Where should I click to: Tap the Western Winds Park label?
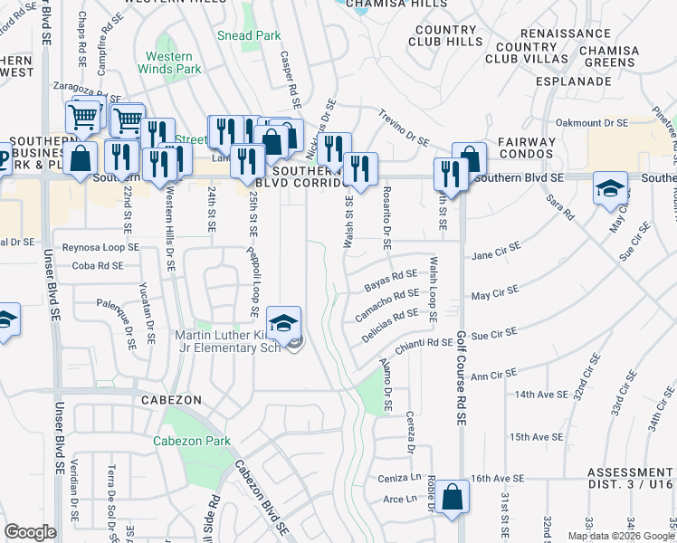(x=174, y=62)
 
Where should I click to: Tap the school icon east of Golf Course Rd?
(x=610, y=188)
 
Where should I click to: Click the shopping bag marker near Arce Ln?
(x=452, y=498)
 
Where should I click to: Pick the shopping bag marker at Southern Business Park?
(x=80, y=157)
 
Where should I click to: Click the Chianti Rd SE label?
(x=422, y=342)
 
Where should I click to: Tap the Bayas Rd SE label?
(x=390, y=279)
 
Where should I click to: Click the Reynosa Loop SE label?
(x=100, y=247)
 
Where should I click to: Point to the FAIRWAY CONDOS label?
(x=525, y=148)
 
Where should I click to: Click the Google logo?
(x=31, y=532)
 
